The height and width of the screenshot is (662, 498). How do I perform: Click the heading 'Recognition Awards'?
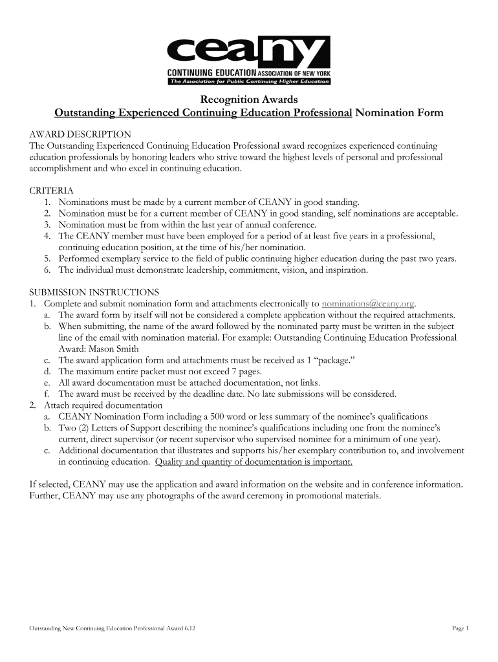[249, 100]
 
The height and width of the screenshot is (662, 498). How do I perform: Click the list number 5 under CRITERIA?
[48, 259]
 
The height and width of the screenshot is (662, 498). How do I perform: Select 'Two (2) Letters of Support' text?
[112, 428]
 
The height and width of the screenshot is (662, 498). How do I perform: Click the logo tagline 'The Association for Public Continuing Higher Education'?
[249, 82]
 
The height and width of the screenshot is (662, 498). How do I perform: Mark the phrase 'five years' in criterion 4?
[349, 236]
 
